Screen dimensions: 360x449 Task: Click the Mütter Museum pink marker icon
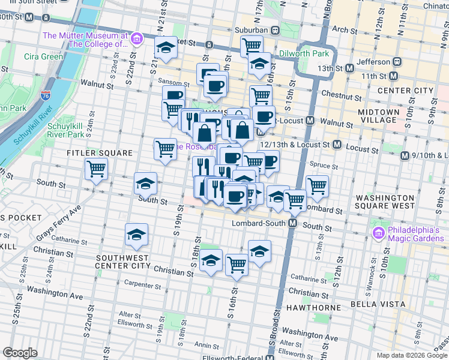(137, 40)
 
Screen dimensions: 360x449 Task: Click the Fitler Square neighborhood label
(99, 153)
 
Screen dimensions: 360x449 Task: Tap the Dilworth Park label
(304, 53)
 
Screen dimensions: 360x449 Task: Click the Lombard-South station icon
(293, 223)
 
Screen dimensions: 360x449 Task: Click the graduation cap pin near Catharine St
(136, 236)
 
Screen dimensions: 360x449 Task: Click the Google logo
(20, 353)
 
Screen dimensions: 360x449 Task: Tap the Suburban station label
(249, 30)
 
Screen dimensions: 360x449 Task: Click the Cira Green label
(43, 56)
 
